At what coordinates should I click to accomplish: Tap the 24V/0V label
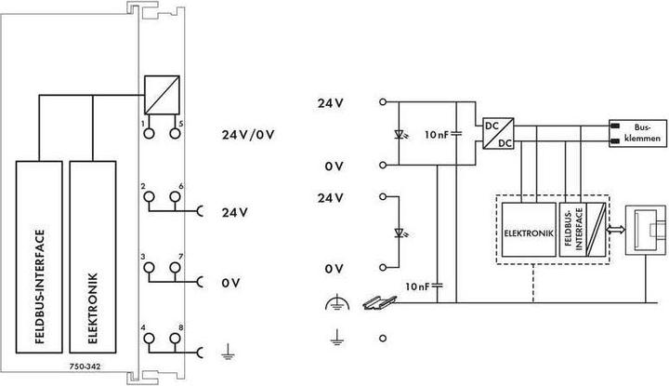pos(248,134)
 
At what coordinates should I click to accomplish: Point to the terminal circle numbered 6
pos(174,198)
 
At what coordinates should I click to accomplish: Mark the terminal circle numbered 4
pos(148,339)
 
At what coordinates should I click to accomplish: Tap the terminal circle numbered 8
pos(174,339)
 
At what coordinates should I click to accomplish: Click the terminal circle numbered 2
pos(148,198)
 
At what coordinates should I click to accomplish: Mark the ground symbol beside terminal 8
pos(226,352)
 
